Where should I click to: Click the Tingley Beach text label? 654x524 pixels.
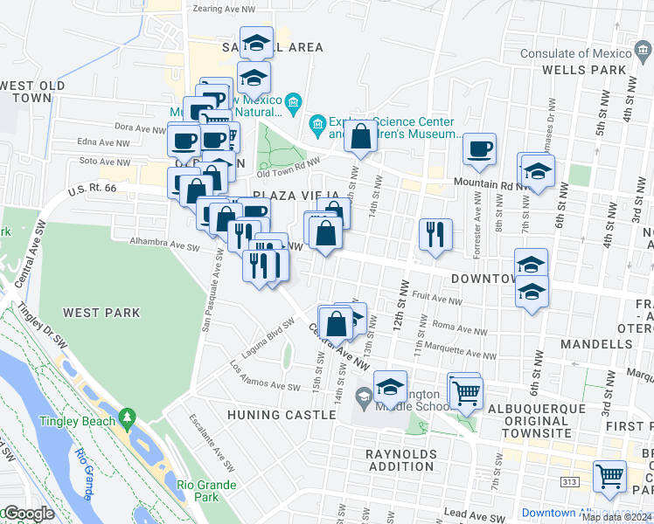pyautogui.click(x=77, y=422)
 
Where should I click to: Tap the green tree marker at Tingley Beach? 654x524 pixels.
pyautogui.click(x=129, y=420)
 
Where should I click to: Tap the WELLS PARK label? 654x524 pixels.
pyautogui.click(x=597, y=70)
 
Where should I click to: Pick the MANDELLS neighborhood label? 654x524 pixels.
pyautogui.click(x=597, y=344)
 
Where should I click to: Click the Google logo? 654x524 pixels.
pyautogui.click(x=28, y=514)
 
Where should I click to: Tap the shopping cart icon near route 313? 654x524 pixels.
pyautogui.click(x=609, y=476)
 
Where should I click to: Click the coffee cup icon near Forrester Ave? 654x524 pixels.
pyautogui.click(x=478, y=148)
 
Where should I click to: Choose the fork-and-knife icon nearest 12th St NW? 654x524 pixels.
pyautogui.click(x=435, y=234)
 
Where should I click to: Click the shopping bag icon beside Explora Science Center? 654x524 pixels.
pyautogui.click(x=360, y=136)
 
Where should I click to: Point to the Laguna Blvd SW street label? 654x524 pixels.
pyautogui.click(x=268, y=333)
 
